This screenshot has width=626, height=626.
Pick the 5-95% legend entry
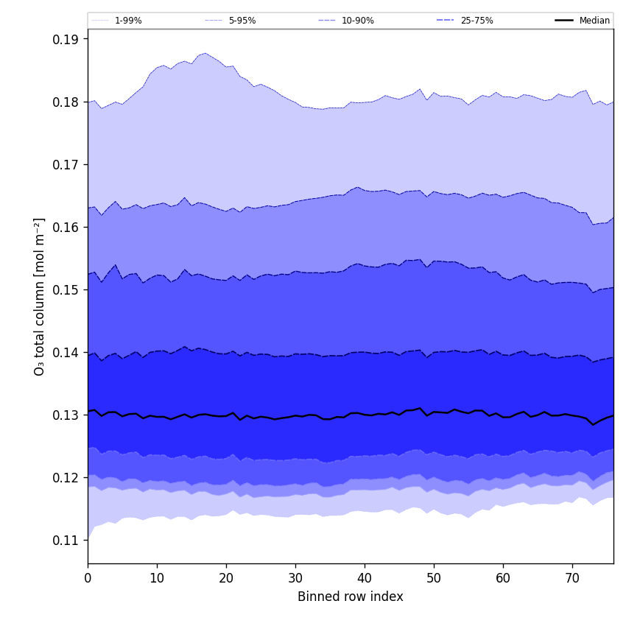[242, 21]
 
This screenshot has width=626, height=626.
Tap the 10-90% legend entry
[357, 21]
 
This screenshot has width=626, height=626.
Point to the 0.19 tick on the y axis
[66, 39]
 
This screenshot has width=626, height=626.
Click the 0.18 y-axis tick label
[66, 102]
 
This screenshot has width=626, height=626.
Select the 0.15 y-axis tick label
[66, 290]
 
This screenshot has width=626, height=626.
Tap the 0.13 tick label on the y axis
[66, 415]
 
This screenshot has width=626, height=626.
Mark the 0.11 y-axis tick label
[66, 541]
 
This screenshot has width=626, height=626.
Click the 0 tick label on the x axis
[88, 578]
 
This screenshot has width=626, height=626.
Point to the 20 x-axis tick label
[226, 578]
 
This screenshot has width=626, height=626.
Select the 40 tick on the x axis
[365, 578]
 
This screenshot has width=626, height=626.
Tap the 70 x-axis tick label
[572, 578]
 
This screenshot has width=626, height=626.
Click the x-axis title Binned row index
[351, 597]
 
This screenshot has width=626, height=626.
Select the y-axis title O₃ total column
[40, 296]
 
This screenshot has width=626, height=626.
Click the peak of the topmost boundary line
[205, 53]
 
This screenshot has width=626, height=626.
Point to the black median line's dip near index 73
[593, 424]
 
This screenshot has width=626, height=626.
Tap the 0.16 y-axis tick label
[66, 228]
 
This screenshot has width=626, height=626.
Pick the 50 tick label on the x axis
[434, 578]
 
